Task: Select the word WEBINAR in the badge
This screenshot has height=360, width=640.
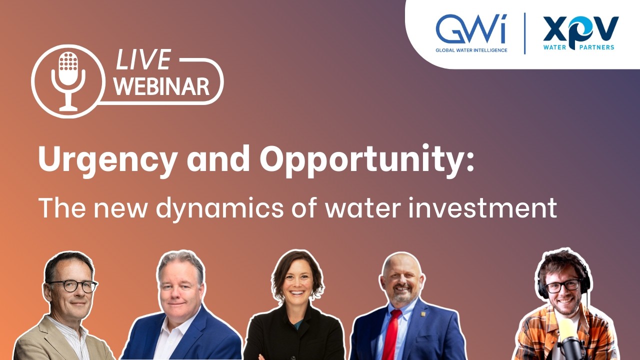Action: (161, 86)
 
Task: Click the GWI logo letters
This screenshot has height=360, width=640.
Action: (470, 29)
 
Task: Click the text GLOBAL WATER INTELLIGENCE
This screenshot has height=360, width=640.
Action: (471, 50)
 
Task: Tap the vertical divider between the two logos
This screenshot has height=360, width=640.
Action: (524, 33)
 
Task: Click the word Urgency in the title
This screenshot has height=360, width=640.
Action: (107, 159)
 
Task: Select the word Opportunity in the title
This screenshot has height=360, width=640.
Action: (360, 159)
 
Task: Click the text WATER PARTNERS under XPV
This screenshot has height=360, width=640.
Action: (579, 47)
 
